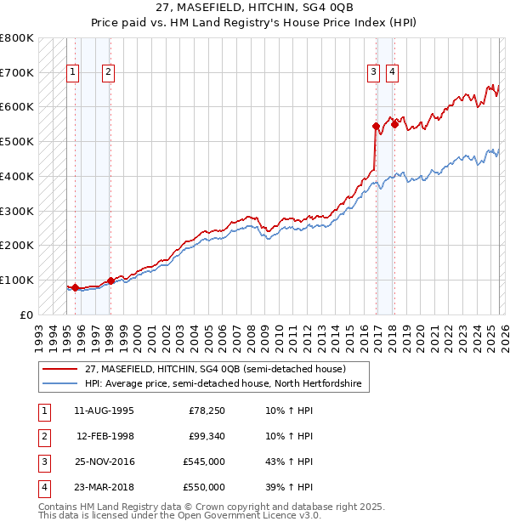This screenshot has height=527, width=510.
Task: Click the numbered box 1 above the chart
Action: click(x=74, y=73)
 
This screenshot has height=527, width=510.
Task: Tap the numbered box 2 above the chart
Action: click(x=109, y=73)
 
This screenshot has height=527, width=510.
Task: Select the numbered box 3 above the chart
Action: click(x=374, y=73)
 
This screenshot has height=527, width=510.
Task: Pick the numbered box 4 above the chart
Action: click(x=392, y=73)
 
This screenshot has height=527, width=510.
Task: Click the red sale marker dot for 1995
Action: click(x=75, y=287)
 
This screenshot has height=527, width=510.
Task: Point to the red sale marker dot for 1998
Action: click(x=110, y=280)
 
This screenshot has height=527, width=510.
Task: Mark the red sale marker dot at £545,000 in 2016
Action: click(x=375, y=126)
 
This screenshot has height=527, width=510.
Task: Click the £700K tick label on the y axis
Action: click(x=17, y=73)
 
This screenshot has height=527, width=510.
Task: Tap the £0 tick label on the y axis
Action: click(x=25, y=314)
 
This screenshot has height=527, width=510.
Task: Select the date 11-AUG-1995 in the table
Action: click(x=103, y=411)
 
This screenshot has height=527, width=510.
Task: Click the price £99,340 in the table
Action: click(x=204, y=436)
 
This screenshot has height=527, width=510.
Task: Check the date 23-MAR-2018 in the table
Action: click(x=103, y=487)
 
